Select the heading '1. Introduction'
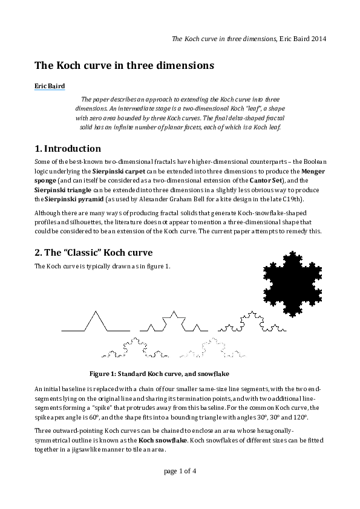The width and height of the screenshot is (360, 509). click(x=68, y=149)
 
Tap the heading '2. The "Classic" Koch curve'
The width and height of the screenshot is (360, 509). click(x=94, y=252)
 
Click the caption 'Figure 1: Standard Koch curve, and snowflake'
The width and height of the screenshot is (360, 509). click(x=159, y=373)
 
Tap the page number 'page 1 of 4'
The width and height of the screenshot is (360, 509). click(x=180, y=471)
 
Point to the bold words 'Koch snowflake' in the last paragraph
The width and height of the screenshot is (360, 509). click(x=162, y=441)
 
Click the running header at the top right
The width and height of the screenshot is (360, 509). click(x=249, y=39)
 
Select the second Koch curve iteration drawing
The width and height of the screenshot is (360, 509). click(x=174, y=323)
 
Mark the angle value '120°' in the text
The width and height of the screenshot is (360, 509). click(x=301, y=417)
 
